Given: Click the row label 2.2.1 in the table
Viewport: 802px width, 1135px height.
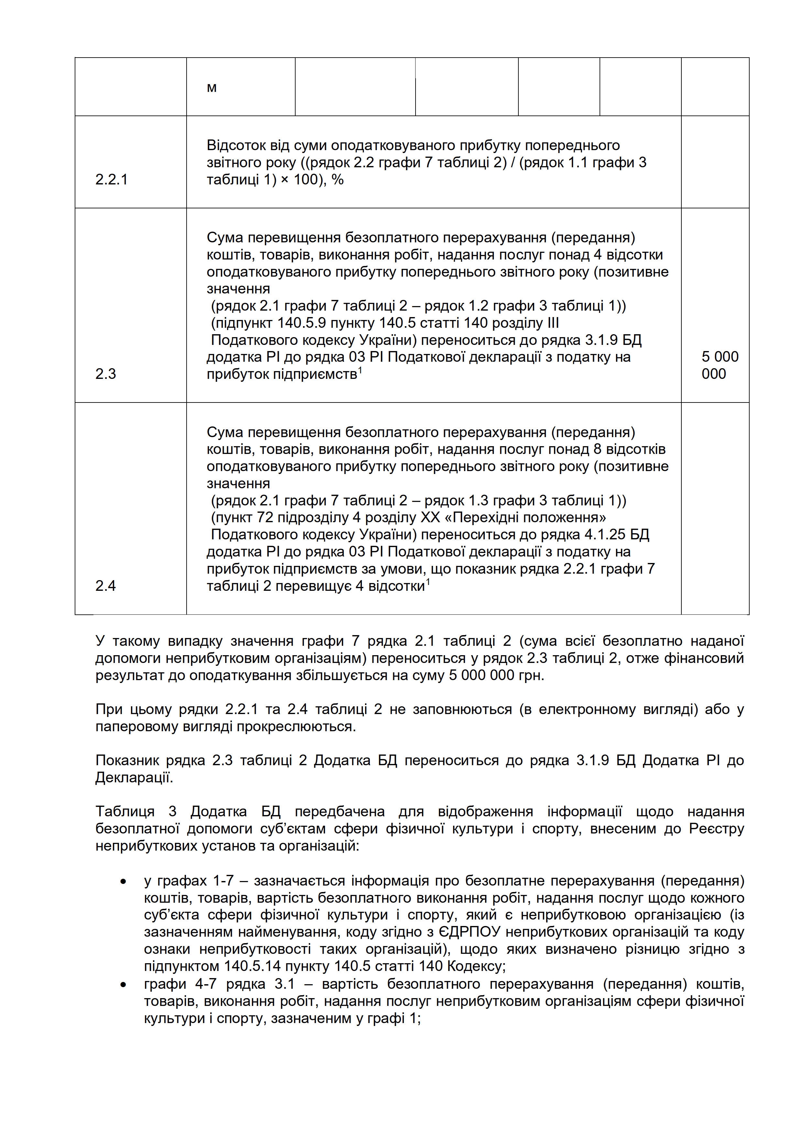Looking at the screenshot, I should pyautogui.click(x=111, y=180).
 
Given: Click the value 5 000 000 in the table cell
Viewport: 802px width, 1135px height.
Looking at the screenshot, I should pyautogui.click(x=720, y=365).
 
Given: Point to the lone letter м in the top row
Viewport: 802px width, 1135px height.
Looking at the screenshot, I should pyautogui.click(x=211, y=88).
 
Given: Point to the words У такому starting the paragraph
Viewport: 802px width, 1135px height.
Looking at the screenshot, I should pyautogui.click(x=127, y=641).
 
